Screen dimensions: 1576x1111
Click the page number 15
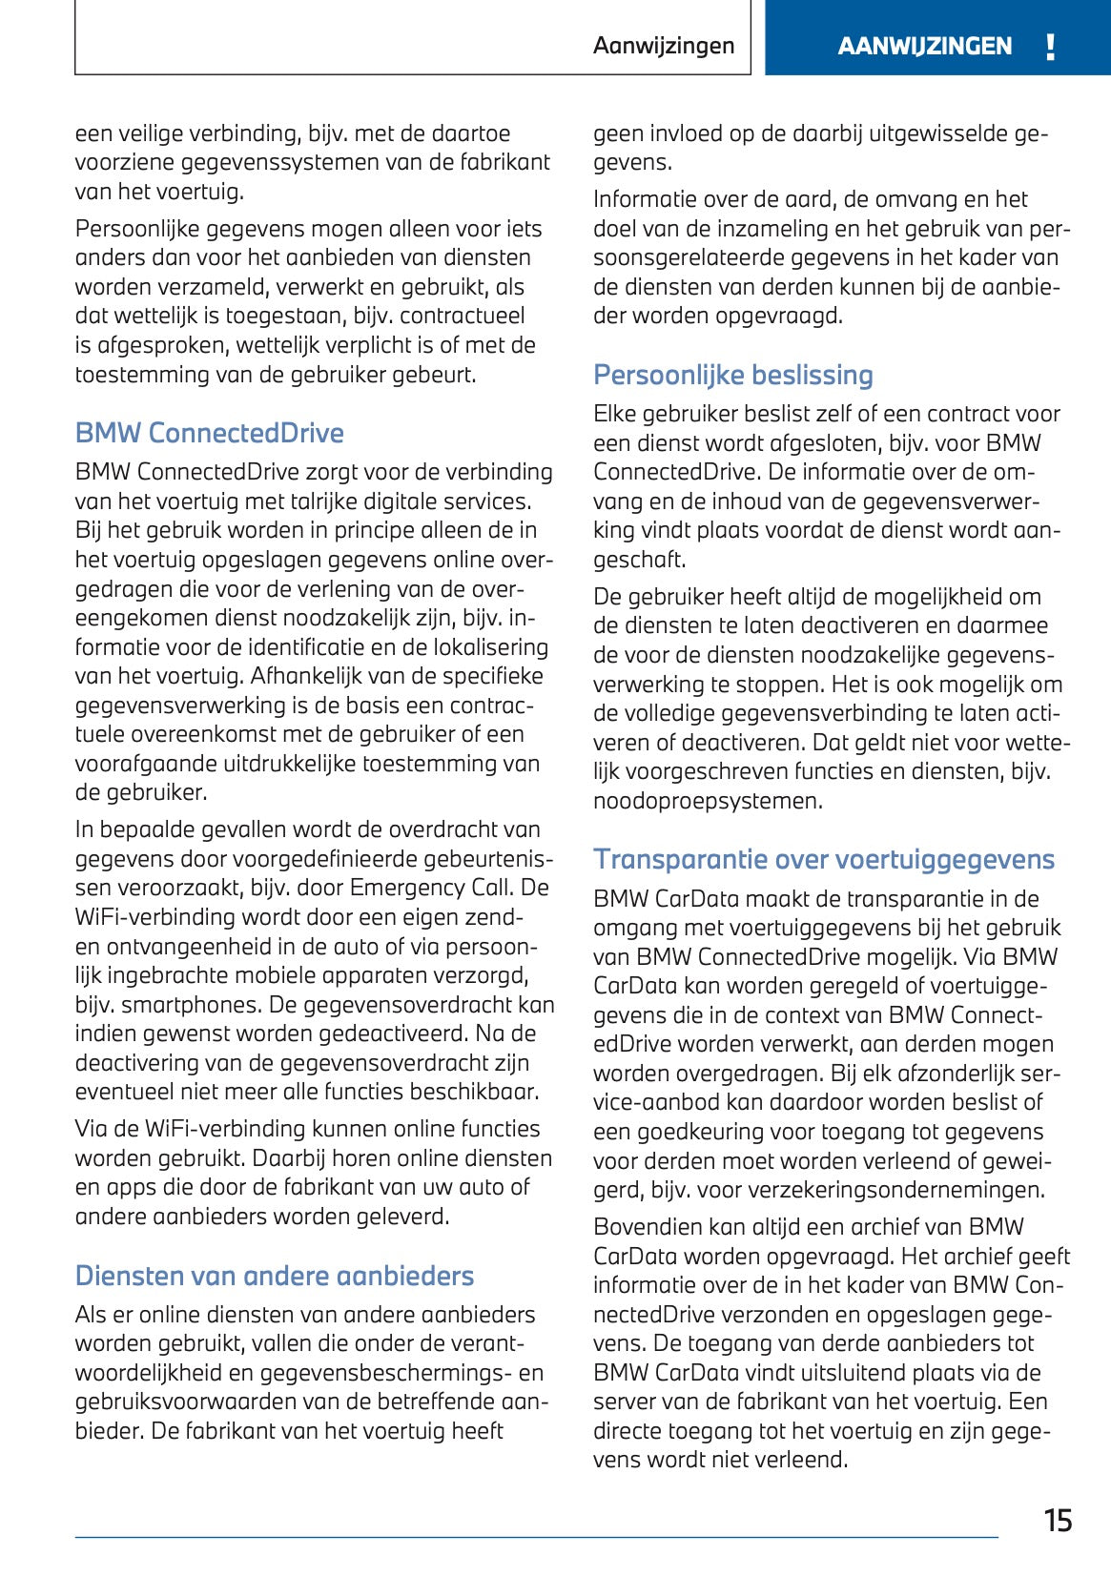click(x=1058, y=1520)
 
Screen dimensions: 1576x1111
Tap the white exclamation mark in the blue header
click(x=1050, y=47)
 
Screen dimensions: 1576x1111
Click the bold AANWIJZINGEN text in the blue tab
click(x=924, y=47)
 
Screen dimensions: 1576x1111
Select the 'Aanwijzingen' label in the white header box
click(x=664, y=46)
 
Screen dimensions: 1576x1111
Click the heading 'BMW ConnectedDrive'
click(x=209, y=433)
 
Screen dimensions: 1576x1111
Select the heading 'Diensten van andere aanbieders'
click(x=274, y=1276)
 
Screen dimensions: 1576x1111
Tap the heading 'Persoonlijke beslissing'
click(x=732, y=375)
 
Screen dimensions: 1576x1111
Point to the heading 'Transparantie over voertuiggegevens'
click(x=823, y=859)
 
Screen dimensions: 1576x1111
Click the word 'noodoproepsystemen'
click(x=707, y=801)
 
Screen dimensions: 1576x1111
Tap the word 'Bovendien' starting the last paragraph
click(x=647, y=1227)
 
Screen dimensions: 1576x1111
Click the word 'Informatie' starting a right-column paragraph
click(x=645, y=199)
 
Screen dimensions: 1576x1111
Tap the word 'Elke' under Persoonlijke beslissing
click(x=614, y=414)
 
